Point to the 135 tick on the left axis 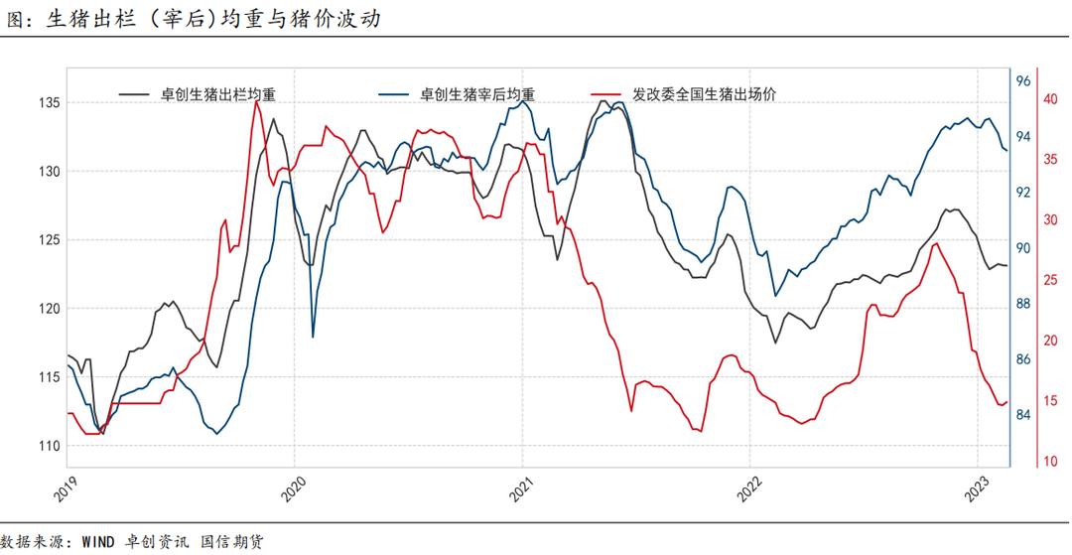[x=49, y=103]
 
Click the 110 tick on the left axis [x=49, y=446]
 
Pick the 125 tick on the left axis [x=49, y=240]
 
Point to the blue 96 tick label [x=1023, y=80]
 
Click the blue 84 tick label [x=1023, y=415]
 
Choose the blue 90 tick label [x=1023, y=248]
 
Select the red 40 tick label [x=1048, y=99]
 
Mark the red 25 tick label [x=1048, y=281]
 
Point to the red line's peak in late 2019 [x=257, y=100]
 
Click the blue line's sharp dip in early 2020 [x=314, y=337]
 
